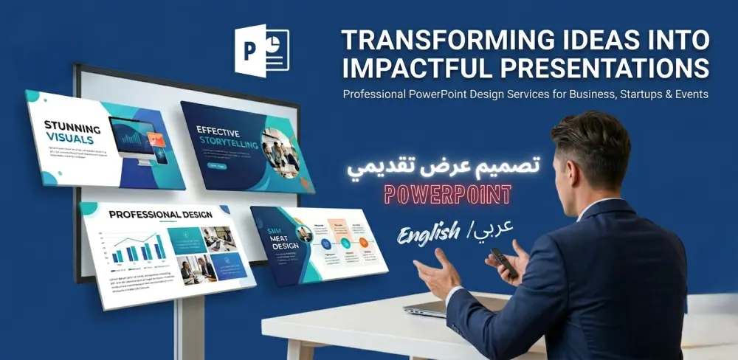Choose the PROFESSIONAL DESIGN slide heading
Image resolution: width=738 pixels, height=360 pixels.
coord(160,215)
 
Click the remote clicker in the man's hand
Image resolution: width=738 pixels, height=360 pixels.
coord(503,261)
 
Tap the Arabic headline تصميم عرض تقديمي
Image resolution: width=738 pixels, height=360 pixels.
coord(443,167)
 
